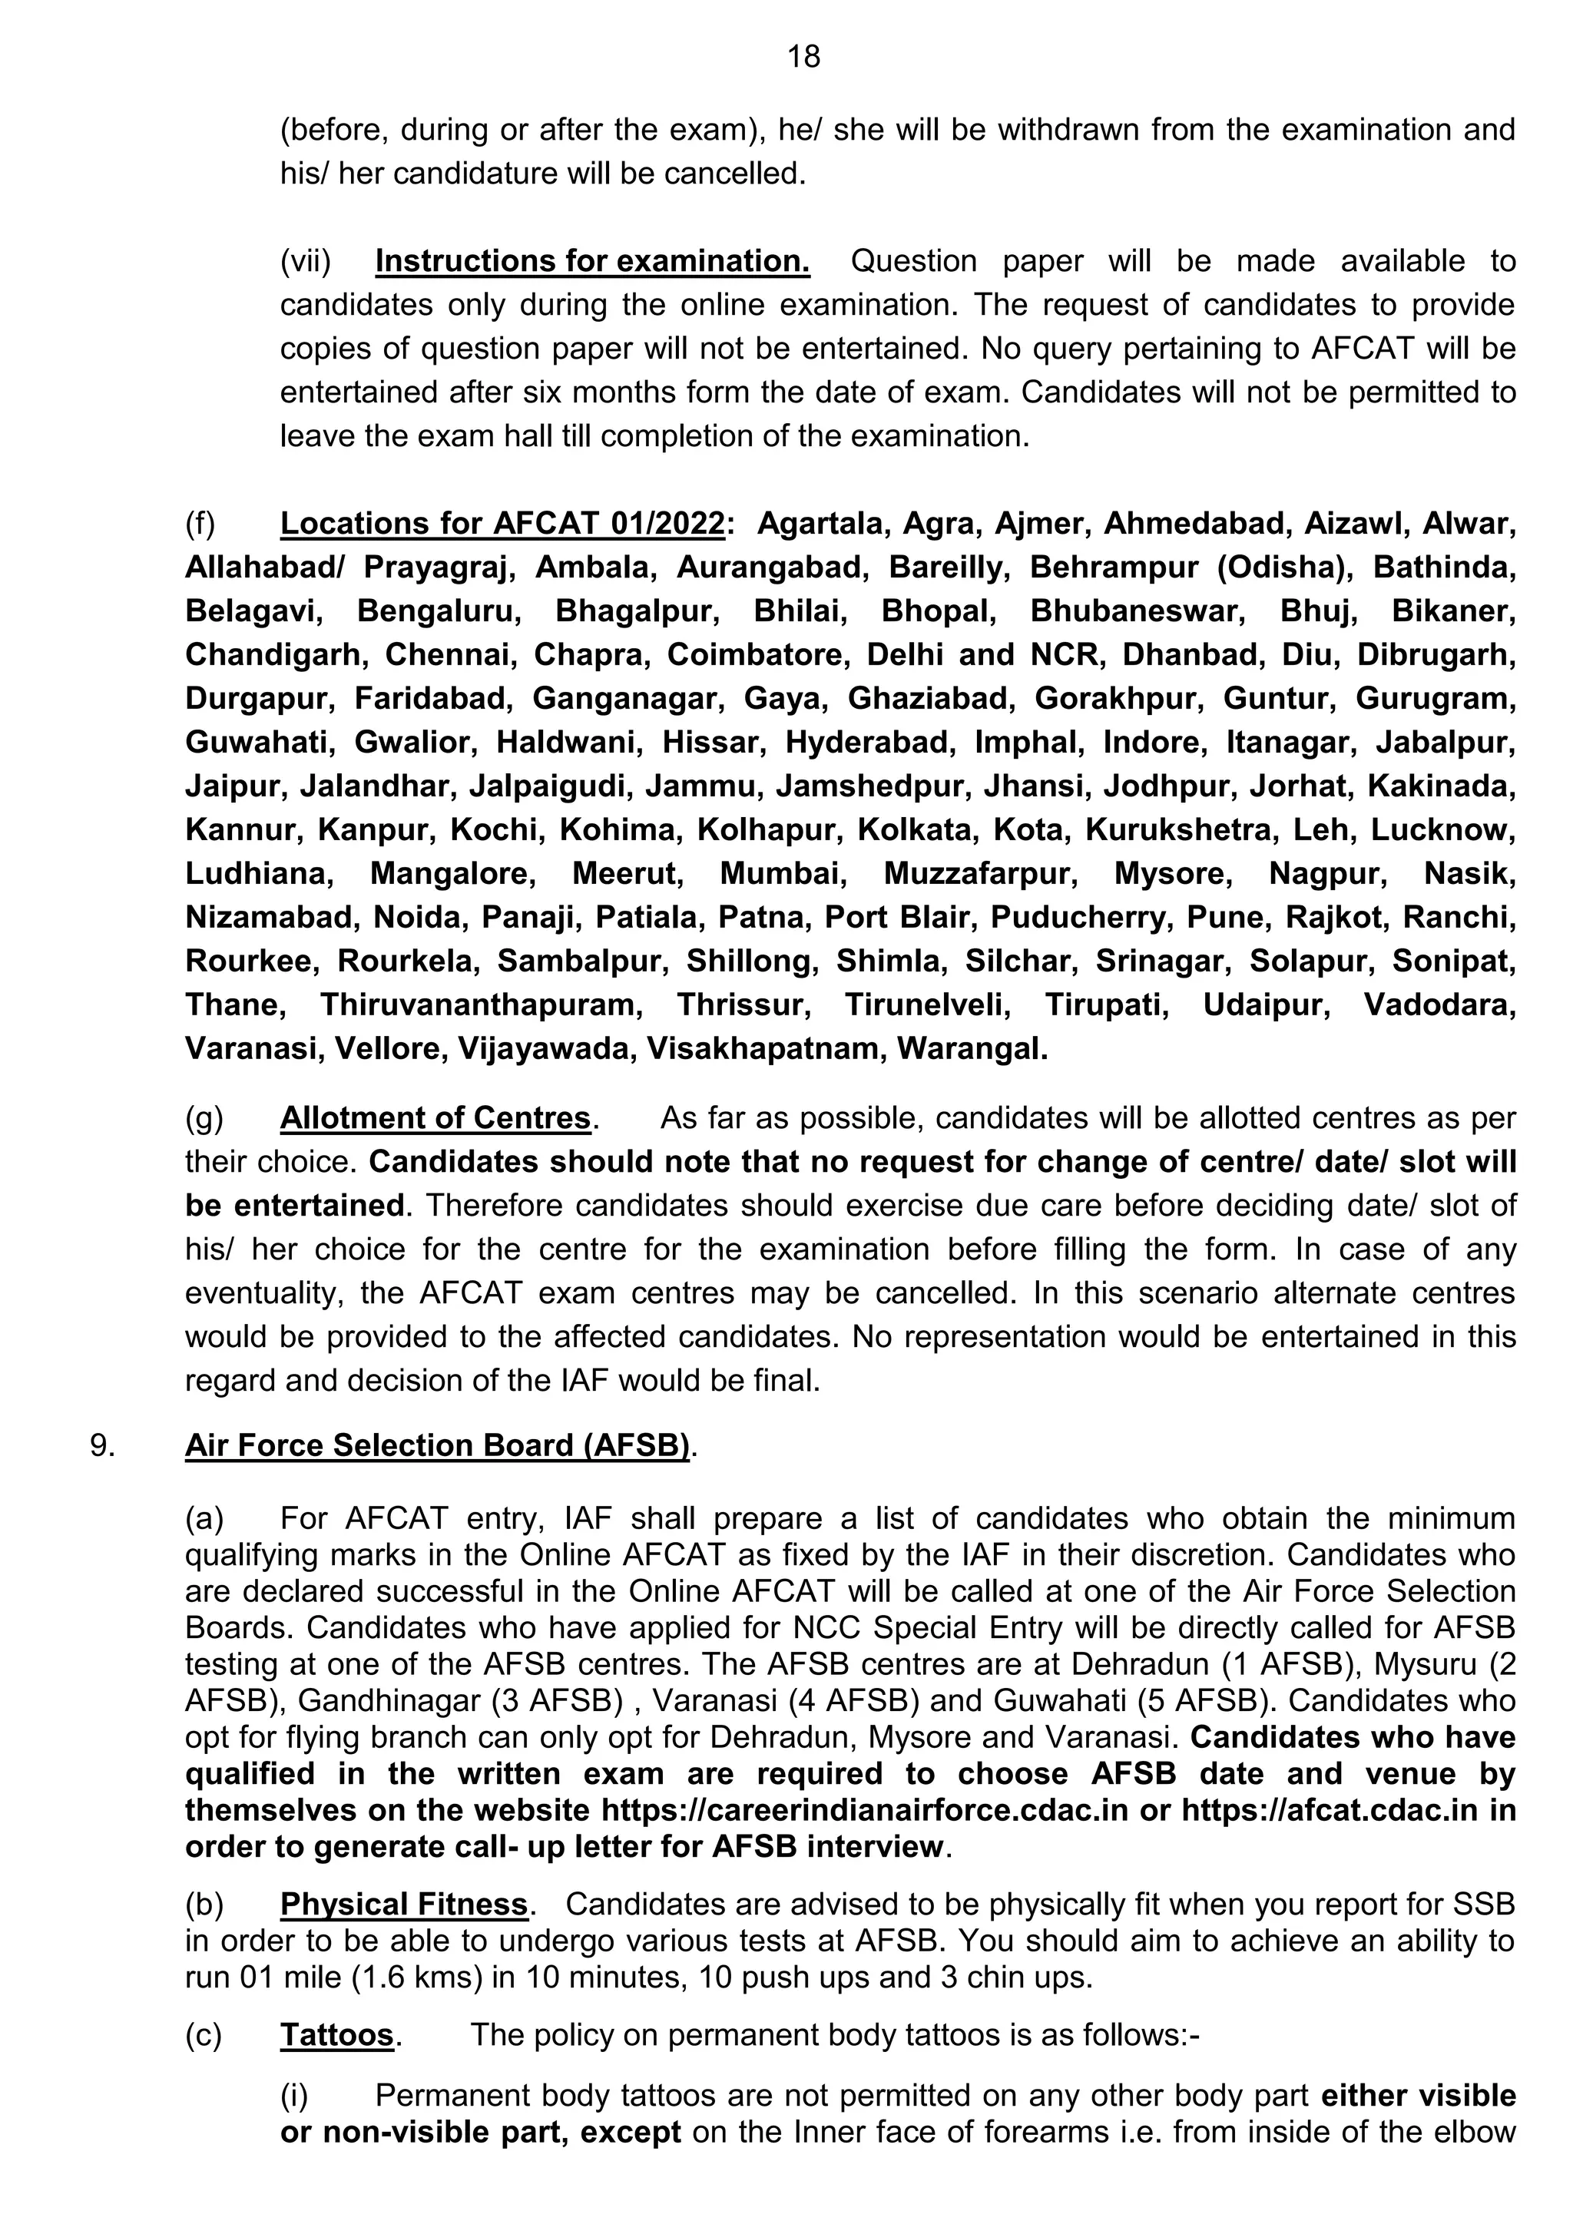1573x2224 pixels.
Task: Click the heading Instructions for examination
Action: point(592,262)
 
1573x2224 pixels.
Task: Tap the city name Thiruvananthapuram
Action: point(482,1004)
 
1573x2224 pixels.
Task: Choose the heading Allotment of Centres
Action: point(435,1118)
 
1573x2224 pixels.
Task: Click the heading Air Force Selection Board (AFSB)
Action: point(437,1445)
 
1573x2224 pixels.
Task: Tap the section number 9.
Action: point(103,1445)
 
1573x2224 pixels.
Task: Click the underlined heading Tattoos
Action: point(337,2035)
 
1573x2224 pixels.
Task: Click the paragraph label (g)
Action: point(204,1118)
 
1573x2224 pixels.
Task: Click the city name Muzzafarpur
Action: point(980,874)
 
